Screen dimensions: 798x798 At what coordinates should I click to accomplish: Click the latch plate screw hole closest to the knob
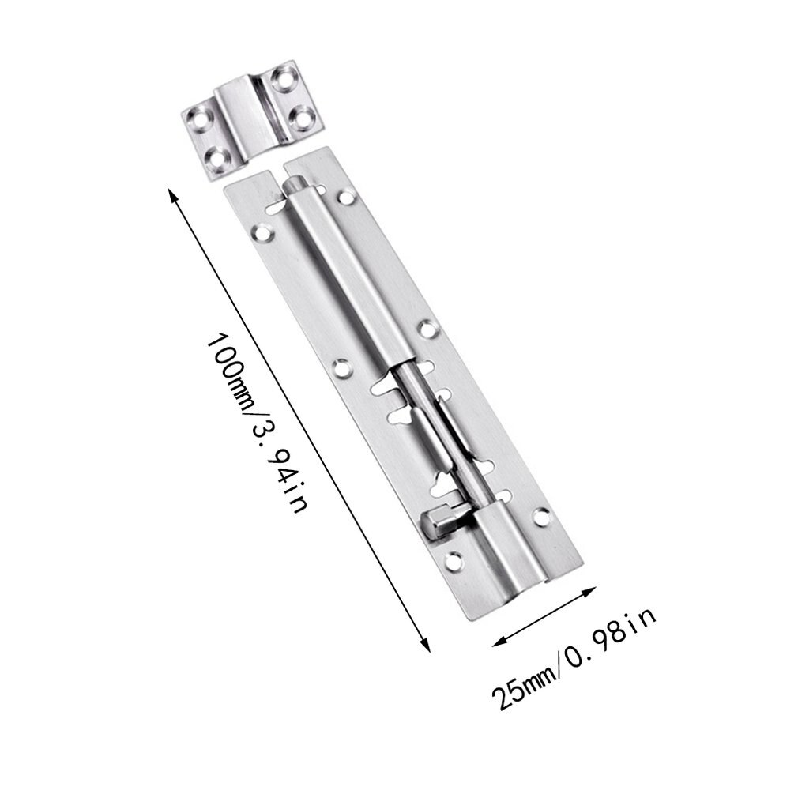click(x=453, y=562)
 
